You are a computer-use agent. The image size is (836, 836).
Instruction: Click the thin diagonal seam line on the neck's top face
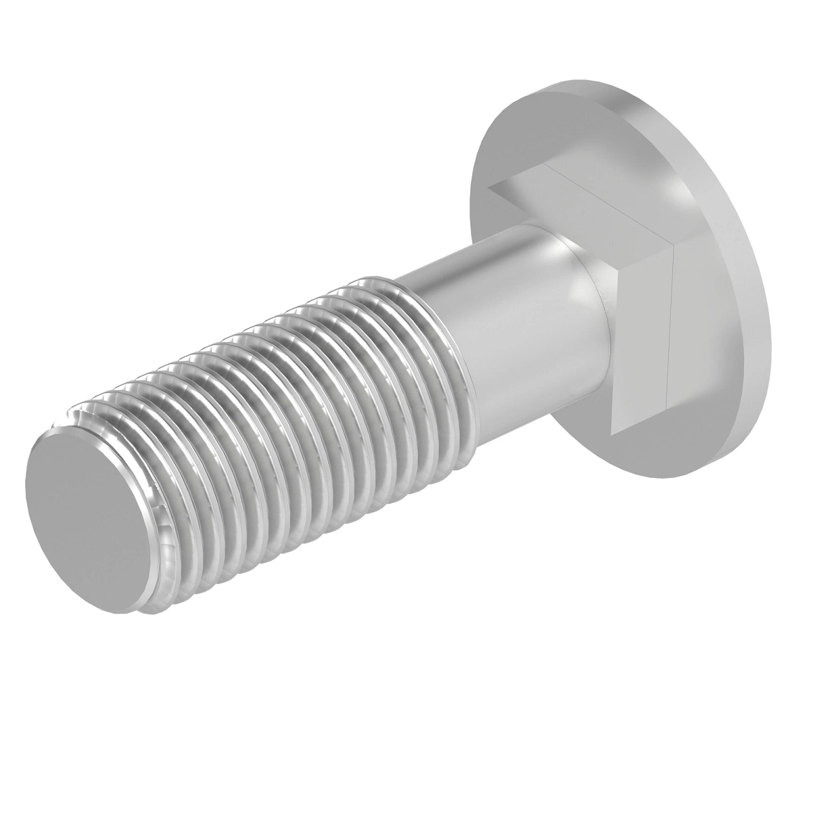point(606,202)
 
